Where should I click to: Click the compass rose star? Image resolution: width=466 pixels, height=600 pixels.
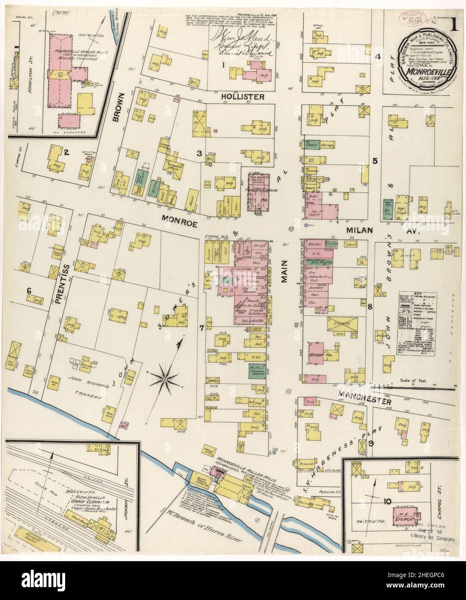164,379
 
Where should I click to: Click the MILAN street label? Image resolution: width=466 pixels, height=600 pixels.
360,231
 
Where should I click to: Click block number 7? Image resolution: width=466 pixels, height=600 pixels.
202,328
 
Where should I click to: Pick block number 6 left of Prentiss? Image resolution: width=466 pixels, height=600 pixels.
29,291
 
